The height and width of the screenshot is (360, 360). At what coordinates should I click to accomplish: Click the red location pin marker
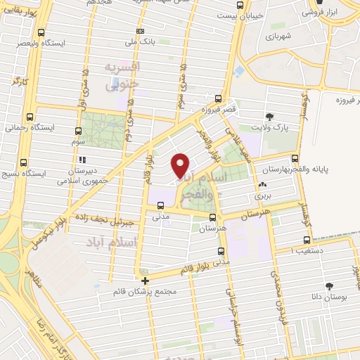181,165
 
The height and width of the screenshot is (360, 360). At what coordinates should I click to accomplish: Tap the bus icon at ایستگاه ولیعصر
41,32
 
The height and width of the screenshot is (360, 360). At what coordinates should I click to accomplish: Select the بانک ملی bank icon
141,31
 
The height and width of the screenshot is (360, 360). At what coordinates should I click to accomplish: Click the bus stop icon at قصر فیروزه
219,99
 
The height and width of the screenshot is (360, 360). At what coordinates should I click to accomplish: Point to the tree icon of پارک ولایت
269,117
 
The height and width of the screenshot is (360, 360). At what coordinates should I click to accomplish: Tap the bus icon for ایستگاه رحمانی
30,117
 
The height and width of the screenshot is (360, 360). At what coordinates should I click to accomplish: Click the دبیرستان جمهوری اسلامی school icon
82,159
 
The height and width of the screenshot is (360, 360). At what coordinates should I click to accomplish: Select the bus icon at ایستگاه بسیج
24,162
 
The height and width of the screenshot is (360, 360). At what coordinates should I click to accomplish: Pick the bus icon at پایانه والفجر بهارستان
295,158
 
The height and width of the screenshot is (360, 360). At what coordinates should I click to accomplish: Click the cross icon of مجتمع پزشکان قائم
146,281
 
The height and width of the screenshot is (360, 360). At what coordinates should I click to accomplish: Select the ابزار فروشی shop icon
311,12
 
